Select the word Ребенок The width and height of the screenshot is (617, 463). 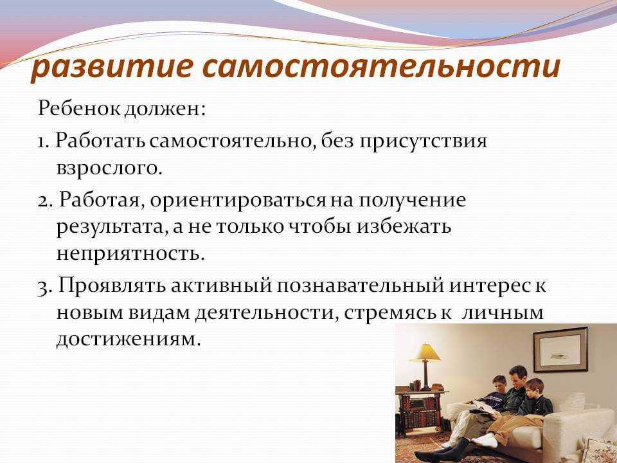tap(80, 108)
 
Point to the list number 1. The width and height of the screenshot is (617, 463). tap(42, 141)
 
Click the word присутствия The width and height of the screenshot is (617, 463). tap(423, 141)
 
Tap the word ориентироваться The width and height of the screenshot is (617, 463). tap(238, 201)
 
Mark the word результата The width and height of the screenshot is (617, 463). tap(112, 227)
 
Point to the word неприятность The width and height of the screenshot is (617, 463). tap(130, 253)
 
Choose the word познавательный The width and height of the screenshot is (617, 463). tap(360, 286)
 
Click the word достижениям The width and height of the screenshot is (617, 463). tap(129, 339)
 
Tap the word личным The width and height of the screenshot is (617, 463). tap(503, 313)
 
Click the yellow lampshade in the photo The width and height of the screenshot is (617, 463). tap(425, 353)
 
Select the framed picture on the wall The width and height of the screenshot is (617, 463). tap(560, 349)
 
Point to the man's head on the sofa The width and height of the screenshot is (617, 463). tap(517, 376)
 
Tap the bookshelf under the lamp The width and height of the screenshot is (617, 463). tap(418, 412)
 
